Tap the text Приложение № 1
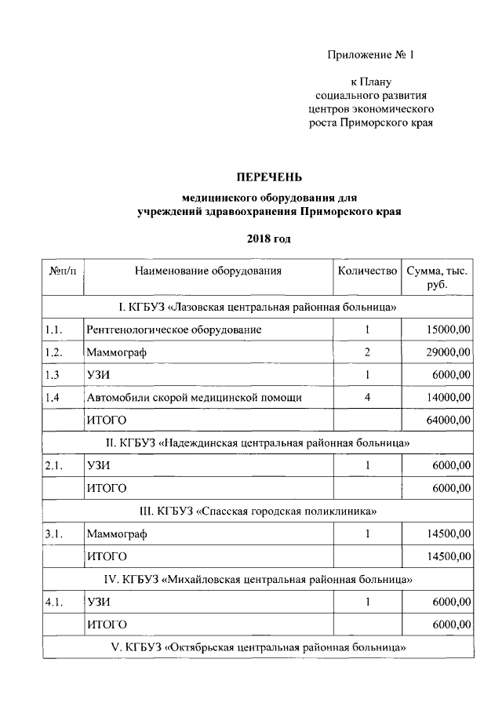[369, 55]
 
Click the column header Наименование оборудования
[208, 271]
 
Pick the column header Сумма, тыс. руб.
[437, 279]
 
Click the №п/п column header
[63, 271]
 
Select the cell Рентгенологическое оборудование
[174, 330]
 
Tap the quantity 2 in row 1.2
[367, 352]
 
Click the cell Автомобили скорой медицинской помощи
[195, 398]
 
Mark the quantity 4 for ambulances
[367, 398]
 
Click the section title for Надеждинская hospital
[259, 443]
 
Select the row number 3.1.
[54, 534]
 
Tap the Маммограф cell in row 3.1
[117, 534]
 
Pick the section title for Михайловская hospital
[259, 580]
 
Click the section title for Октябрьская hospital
[259, 648]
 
